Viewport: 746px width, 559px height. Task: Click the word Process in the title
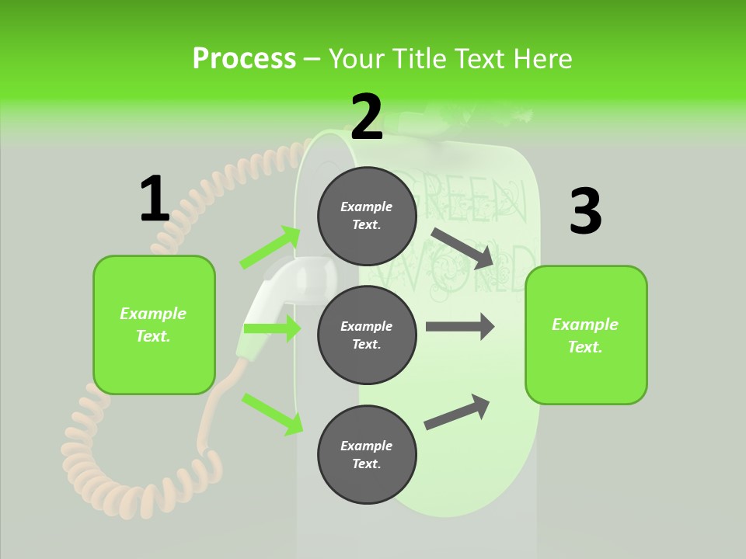tap(244, 58)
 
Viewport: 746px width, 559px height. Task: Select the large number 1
tap(155, 199)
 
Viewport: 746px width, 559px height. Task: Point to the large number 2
tap(367, 116)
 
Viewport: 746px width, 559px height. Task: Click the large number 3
tap(585, 211)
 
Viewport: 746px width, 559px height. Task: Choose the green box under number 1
tap(154, 325)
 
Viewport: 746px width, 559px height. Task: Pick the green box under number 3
tap(586, 335)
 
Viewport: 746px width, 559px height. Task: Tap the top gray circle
tap(367, 216)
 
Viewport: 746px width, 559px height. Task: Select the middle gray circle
tap(367, 335)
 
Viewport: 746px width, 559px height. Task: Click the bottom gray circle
tap(367, 455)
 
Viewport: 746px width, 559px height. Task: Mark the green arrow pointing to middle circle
tap(272, 328)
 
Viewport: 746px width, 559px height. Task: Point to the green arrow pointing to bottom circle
tap(272, 413)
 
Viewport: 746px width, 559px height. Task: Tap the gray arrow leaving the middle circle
tap(460, 327)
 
